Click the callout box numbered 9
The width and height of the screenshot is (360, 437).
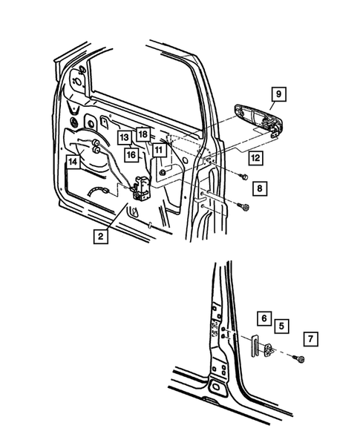(278, 94)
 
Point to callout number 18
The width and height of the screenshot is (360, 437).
(143, 134)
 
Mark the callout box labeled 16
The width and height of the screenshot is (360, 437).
(131, 155)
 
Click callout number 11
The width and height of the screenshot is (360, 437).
(159, 151)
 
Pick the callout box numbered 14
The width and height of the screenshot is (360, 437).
(73, 161)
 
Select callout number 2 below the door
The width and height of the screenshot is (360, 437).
(99, 237)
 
